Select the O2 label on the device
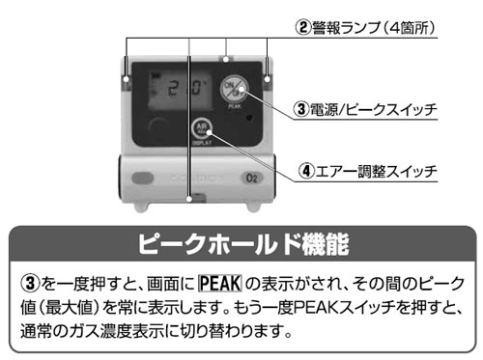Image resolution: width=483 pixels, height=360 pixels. (x=249, y=180)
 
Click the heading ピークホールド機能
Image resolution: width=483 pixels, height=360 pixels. (x=240, y=241)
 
